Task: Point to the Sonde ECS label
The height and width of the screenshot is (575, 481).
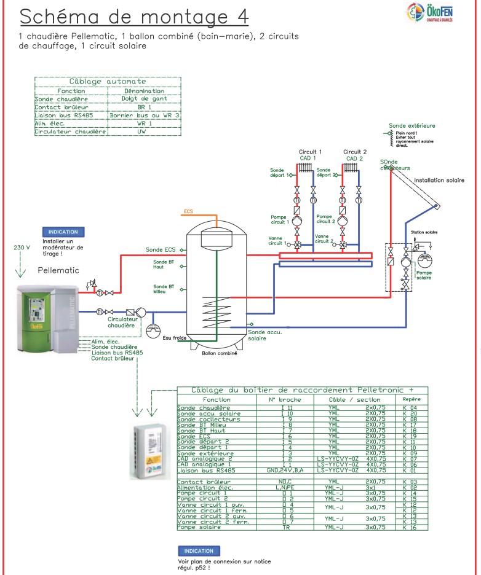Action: tap(161, 250)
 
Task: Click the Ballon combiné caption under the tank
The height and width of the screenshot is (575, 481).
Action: tap(219, 353)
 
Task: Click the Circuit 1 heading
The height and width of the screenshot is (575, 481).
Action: tap(310, 152)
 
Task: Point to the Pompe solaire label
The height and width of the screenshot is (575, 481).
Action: tap(424, 275)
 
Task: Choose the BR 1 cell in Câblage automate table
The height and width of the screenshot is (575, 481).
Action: tap(145, 107)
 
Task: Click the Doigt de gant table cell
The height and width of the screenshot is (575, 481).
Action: tap(145, 99)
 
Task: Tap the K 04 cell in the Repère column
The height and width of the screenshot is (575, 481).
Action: tap(410, 408)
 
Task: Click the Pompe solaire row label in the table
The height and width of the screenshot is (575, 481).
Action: tap(197, 527)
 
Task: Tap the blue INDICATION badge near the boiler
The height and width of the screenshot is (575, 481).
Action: tap(63, 232)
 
